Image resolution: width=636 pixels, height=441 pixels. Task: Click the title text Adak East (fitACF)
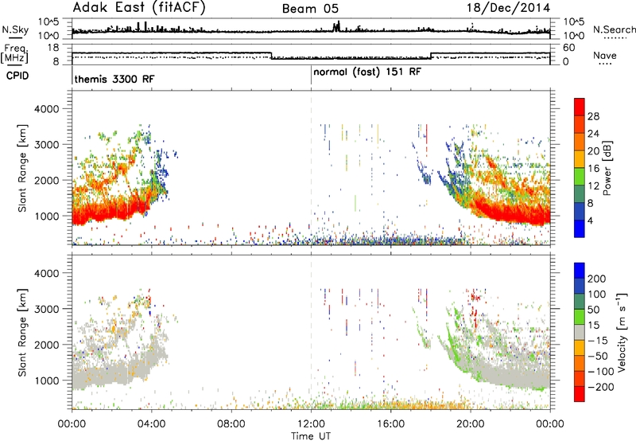click(139, 8)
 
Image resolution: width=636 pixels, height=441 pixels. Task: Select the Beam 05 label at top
click(310, 9)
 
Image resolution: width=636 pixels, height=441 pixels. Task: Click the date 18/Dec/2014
click(508, 8)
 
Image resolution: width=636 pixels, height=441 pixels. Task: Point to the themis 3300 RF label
click(114, 79)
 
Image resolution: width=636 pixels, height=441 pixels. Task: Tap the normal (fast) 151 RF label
click(367, 72)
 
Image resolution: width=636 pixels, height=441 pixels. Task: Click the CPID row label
click(17, 76)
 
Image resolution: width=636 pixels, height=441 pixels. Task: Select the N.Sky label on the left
click(15, 29)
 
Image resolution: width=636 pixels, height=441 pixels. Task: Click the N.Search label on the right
click(614, 29)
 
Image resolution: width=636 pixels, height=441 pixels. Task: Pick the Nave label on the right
click(605, 56)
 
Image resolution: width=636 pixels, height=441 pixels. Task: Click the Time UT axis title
click(311, 436)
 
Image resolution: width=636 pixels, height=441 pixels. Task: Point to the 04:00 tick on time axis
click(151, 424)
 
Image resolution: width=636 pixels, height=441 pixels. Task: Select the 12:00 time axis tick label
click(311, 424)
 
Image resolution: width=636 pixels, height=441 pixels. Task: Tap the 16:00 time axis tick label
click(390, 424)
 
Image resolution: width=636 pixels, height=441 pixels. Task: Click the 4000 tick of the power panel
click(47, 109)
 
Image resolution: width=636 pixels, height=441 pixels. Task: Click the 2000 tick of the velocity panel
click(47, 345)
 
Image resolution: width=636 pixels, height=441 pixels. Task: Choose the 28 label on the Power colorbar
click(593, 117)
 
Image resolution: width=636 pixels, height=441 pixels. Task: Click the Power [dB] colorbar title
click(607, 168)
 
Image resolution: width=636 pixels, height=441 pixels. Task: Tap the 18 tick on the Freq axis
click(52, 48)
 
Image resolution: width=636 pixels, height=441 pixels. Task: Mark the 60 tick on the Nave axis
click(569, 48)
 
